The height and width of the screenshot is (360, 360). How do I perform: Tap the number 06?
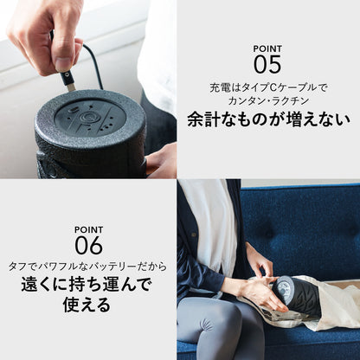[x=89, y=244]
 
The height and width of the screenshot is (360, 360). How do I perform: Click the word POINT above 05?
[x=268, y=48]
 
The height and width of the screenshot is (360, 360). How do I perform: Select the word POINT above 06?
[x=89, y=229]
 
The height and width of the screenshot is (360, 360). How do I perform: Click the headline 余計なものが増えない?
[x=268, y=119]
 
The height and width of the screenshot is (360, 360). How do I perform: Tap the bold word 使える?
[x=89, y=306]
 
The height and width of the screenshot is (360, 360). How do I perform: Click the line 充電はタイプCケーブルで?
[x=268, y=87]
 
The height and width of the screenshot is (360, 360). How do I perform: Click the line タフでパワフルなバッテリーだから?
[x=89, y=267]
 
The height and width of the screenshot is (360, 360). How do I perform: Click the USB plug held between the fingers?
[x=68, y=80]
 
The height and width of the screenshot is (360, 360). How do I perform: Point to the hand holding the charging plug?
[x=48, y=35]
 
